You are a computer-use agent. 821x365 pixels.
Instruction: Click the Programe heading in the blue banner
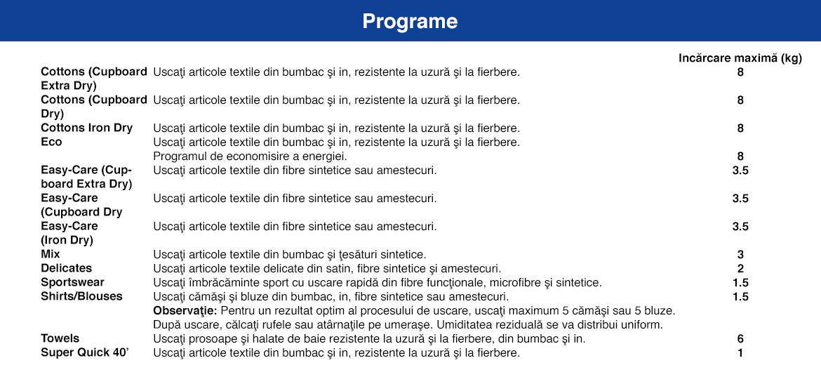click(410, 22)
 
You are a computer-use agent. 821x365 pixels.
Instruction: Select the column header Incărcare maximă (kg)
click(740, 58)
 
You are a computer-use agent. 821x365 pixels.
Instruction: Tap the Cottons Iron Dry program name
click(86, 128)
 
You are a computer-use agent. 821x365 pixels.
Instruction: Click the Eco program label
click(51, 142)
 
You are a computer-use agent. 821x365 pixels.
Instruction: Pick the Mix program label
click(51, 254)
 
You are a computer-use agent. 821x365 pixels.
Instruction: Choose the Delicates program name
click(66, 268)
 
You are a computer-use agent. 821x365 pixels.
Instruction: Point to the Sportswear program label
click(72, 282)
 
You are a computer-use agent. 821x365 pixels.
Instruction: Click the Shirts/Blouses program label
click(81, 296)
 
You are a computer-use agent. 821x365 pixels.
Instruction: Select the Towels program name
click(60, 338)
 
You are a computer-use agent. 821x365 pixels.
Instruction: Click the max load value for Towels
click(740, 338)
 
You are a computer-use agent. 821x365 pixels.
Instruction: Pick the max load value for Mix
click(740, 254)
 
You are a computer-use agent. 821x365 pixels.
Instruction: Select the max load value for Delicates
click(740, 268)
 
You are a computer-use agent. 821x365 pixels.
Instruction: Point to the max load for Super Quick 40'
click(740, 352)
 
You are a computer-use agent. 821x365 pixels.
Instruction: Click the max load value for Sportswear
click(740, 282)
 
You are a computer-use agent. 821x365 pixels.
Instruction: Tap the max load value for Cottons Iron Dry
click(740, 128)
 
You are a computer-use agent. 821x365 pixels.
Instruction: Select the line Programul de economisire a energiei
click(250, 156)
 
